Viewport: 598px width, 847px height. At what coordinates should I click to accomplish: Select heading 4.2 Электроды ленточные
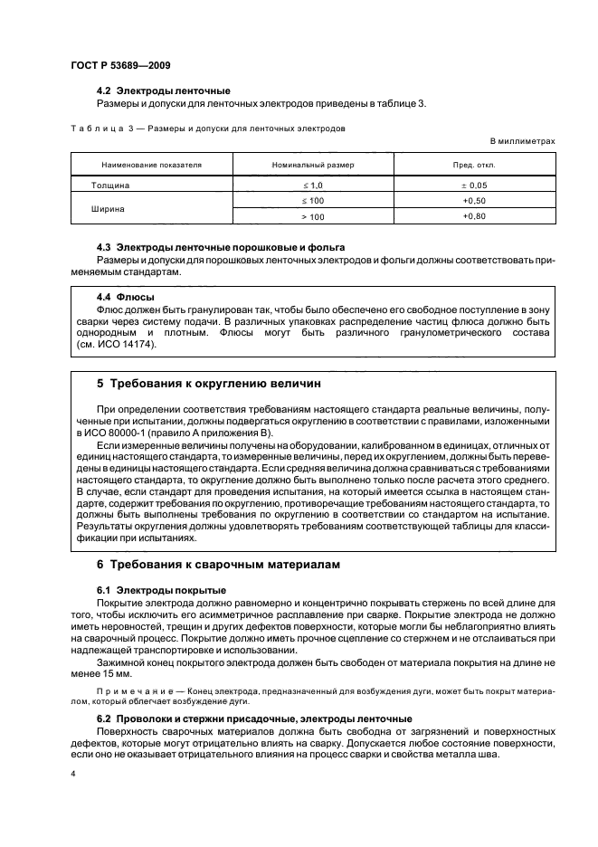[x=163, y=90]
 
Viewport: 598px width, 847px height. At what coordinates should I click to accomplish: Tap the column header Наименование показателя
[x=145, y=166]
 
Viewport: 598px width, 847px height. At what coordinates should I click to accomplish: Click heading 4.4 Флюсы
[x=125, y=296]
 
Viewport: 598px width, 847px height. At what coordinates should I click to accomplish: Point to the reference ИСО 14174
[x=130, y=345]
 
